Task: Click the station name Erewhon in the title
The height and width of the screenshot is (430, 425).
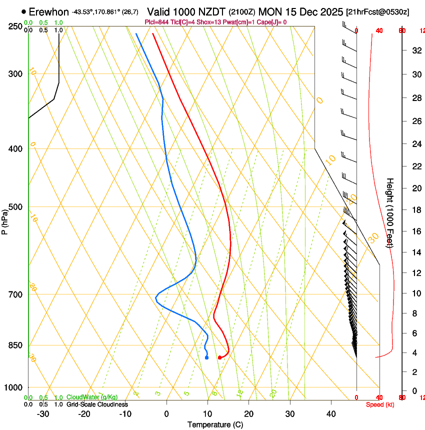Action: point(48,11)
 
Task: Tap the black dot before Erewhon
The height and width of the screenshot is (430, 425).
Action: point(23,11)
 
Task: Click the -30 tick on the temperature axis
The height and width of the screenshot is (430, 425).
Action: point(43,413)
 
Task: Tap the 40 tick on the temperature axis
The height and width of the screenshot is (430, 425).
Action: point(331,413)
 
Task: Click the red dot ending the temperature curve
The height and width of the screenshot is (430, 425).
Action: point(219,357)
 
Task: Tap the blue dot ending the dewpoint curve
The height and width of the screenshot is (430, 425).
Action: point(207,357)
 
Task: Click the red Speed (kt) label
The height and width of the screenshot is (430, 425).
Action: point(380,404)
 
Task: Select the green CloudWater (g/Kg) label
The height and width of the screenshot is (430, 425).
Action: point(92,397)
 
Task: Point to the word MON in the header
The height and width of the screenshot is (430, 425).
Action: point(270,11)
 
